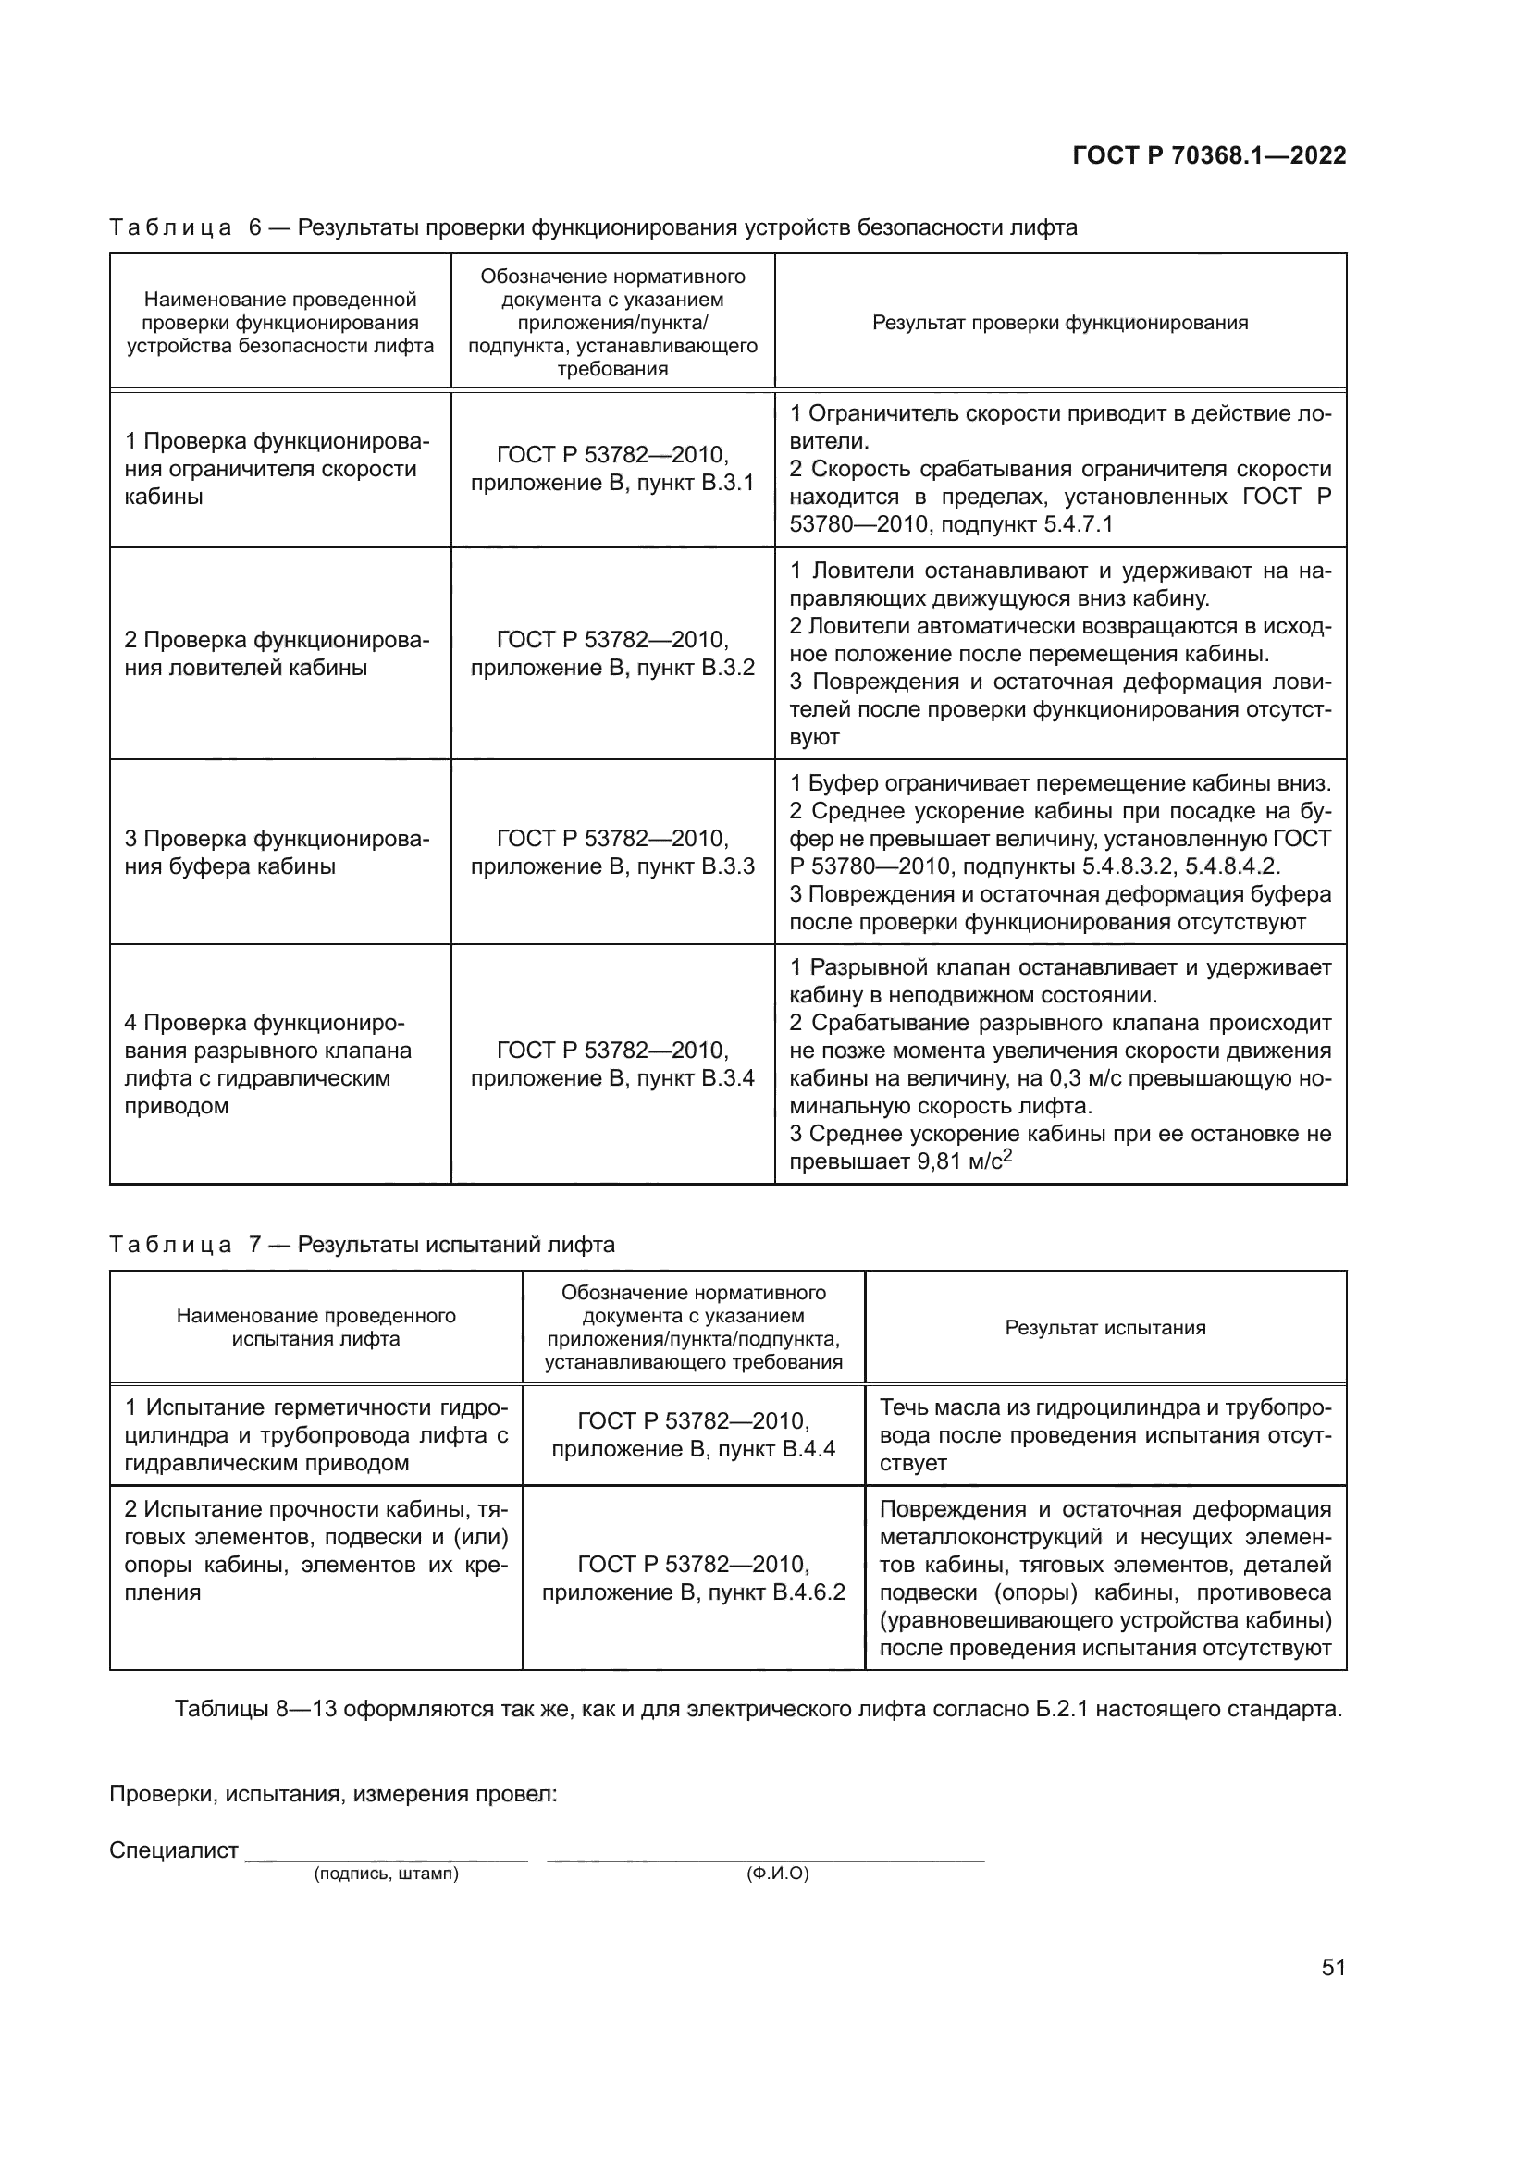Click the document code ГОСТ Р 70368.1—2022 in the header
pyautogui.click(x=1209, y=155)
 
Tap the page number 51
pyautogui.click(x=1333, y=1967)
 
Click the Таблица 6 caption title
pyautogui.click(x=594, y=227)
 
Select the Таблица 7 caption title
pyautogui.click(x=362, y=1245)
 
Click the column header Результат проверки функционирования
pyautogui.click(x=1060, y=323)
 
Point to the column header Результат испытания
pyautogui.click(x=1105, y=1327)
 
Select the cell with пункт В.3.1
pyautogui.click(x=612, y=469)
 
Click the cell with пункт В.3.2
pyautogui.click(x=612, y=654)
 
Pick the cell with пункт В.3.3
pyautogui.click(x=612, y=853)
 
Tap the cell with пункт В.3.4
pyautogui.click(x=612, y=1064)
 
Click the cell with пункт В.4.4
pyautogui.click(x=694, y=1435)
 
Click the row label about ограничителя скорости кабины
pyautogui.click(x=276, y=469)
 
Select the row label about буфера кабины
pyautogui.click(x=276, y=853)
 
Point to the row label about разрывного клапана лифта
pyautogui.click(x=268, y=1064)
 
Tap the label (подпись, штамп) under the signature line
pyautogui.click(x=387, y=1874)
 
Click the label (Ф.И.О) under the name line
pyautogui.click(x=777, y=1874)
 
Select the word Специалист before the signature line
pyautogui.click(x=173, y=1850)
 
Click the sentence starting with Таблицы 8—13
pyautogui.click(x=759, y=1709)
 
